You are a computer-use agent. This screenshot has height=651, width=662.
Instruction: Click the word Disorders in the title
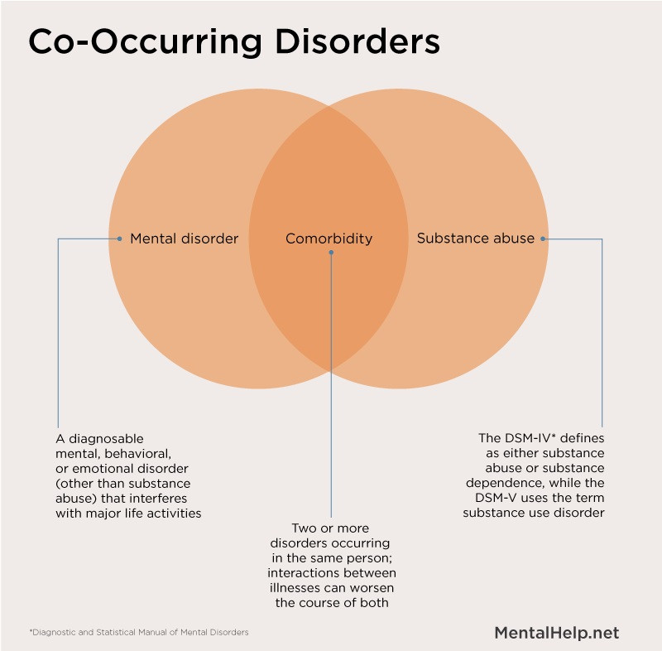(357, 41)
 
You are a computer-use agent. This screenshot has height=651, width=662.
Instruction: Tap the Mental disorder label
(184, 239)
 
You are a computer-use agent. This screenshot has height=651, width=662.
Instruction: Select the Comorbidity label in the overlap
(329, 239)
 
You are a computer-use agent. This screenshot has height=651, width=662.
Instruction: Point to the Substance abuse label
(476, 239)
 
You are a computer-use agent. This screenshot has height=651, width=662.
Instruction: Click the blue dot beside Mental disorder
(119, 239)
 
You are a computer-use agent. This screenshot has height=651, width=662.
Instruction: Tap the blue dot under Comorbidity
(331, 253)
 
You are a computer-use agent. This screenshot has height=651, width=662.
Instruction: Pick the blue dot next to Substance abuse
(543, 239)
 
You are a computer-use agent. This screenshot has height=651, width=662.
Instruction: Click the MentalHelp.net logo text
(556, 633)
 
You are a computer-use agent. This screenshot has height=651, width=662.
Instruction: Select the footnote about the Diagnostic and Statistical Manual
(139, 632)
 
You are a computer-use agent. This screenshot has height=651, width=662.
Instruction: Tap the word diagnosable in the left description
(106, 439)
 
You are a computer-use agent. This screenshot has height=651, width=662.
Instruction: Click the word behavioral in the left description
(137, 454)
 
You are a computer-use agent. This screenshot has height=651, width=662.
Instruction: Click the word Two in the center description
(302, 528)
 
